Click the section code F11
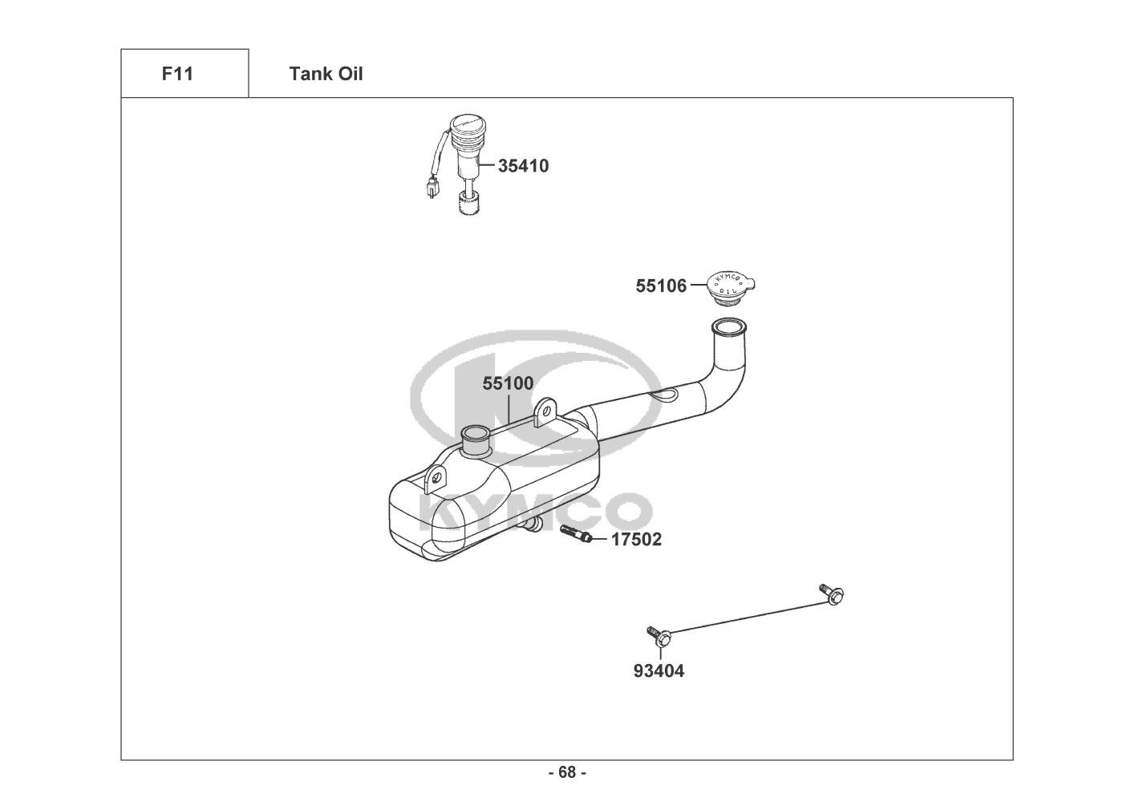177,74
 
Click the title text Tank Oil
326,74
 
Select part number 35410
523,166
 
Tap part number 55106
661,286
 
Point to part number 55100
508,383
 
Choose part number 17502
636,540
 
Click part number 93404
659,670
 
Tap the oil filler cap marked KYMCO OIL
732,288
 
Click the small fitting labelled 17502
576,533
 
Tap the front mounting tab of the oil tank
436,478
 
